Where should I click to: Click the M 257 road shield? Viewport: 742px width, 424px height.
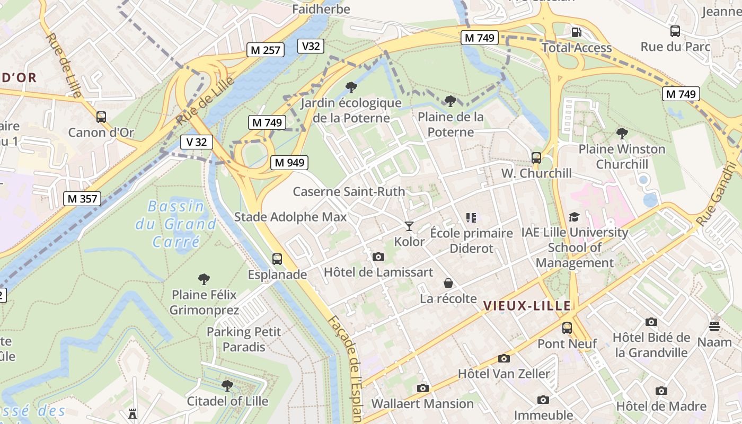[x=266, y=50]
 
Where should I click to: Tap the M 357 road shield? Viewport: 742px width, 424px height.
[x=82, y=199]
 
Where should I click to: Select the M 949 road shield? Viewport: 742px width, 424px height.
[x=289, y=163]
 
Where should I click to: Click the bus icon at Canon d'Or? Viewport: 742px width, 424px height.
[x=101, y=117]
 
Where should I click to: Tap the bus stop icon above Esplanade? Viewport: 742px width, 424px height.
[x=277, y=259]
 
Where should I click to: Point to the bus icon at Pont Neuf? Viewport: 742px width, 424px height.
[x=567, y=328]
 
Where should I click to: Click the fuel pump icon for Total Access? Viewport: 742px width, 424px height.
[x=576, y=32]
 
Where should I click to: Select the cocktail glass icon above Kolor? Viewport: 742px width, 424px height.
[x=409, y=226]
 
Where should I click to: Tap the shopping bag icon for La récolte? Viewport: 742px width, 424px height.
[x=448, y=283]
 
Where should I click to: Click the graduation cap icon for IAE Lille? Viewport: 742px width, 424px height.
[x=574, y=217]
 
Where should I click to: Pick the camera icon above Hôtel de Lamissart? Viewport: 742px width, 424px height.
[x=378, y=257]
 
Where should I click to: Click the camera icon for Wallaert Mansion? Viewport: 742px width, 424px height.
[x=422, y=388]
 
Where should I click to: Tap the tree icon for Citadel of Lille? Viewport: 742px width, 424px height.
[x=227, y=385]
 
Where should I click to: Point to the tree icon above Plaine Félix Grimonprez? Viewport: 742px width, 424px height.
[x=204, y=279]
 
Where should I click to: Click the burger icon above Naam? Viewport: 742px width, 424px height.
[x=714, y=326]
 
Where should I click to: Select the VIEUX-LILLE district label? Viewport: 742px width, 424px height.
[x=527, y=306]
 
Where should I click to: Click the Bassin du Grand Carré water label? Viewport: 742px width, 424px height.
[x=175, y=224]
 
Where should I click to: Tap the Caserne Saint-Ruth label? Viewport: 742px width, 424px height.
[x=349, y=191]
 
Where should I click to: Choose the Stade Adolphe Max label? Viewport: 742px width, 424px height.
[x=290, y=217]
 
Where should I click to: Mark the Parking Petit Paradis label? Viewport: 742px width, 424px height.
[x=244, y=339]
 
